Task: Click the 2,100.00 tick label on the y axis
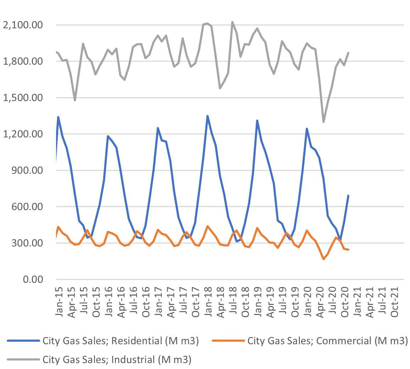(x=22, y=25)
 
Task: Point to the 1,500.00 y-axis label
(x=22, y=98)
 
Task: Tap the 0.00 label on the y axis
(x=34, y=279)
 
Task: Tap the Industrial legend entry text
(x=117, y=359)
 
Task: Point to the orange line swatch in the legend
(x=228, y=341)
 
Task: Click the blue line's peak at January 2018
(x=207, y=116)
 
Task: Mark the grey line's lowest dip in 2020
(x=323, y=122)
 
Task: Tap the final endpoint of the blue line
(x=348, y=196)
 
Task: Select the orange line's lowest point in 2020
(x=323, y=259)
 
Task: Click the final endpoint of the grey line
(x=348, y=53)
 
